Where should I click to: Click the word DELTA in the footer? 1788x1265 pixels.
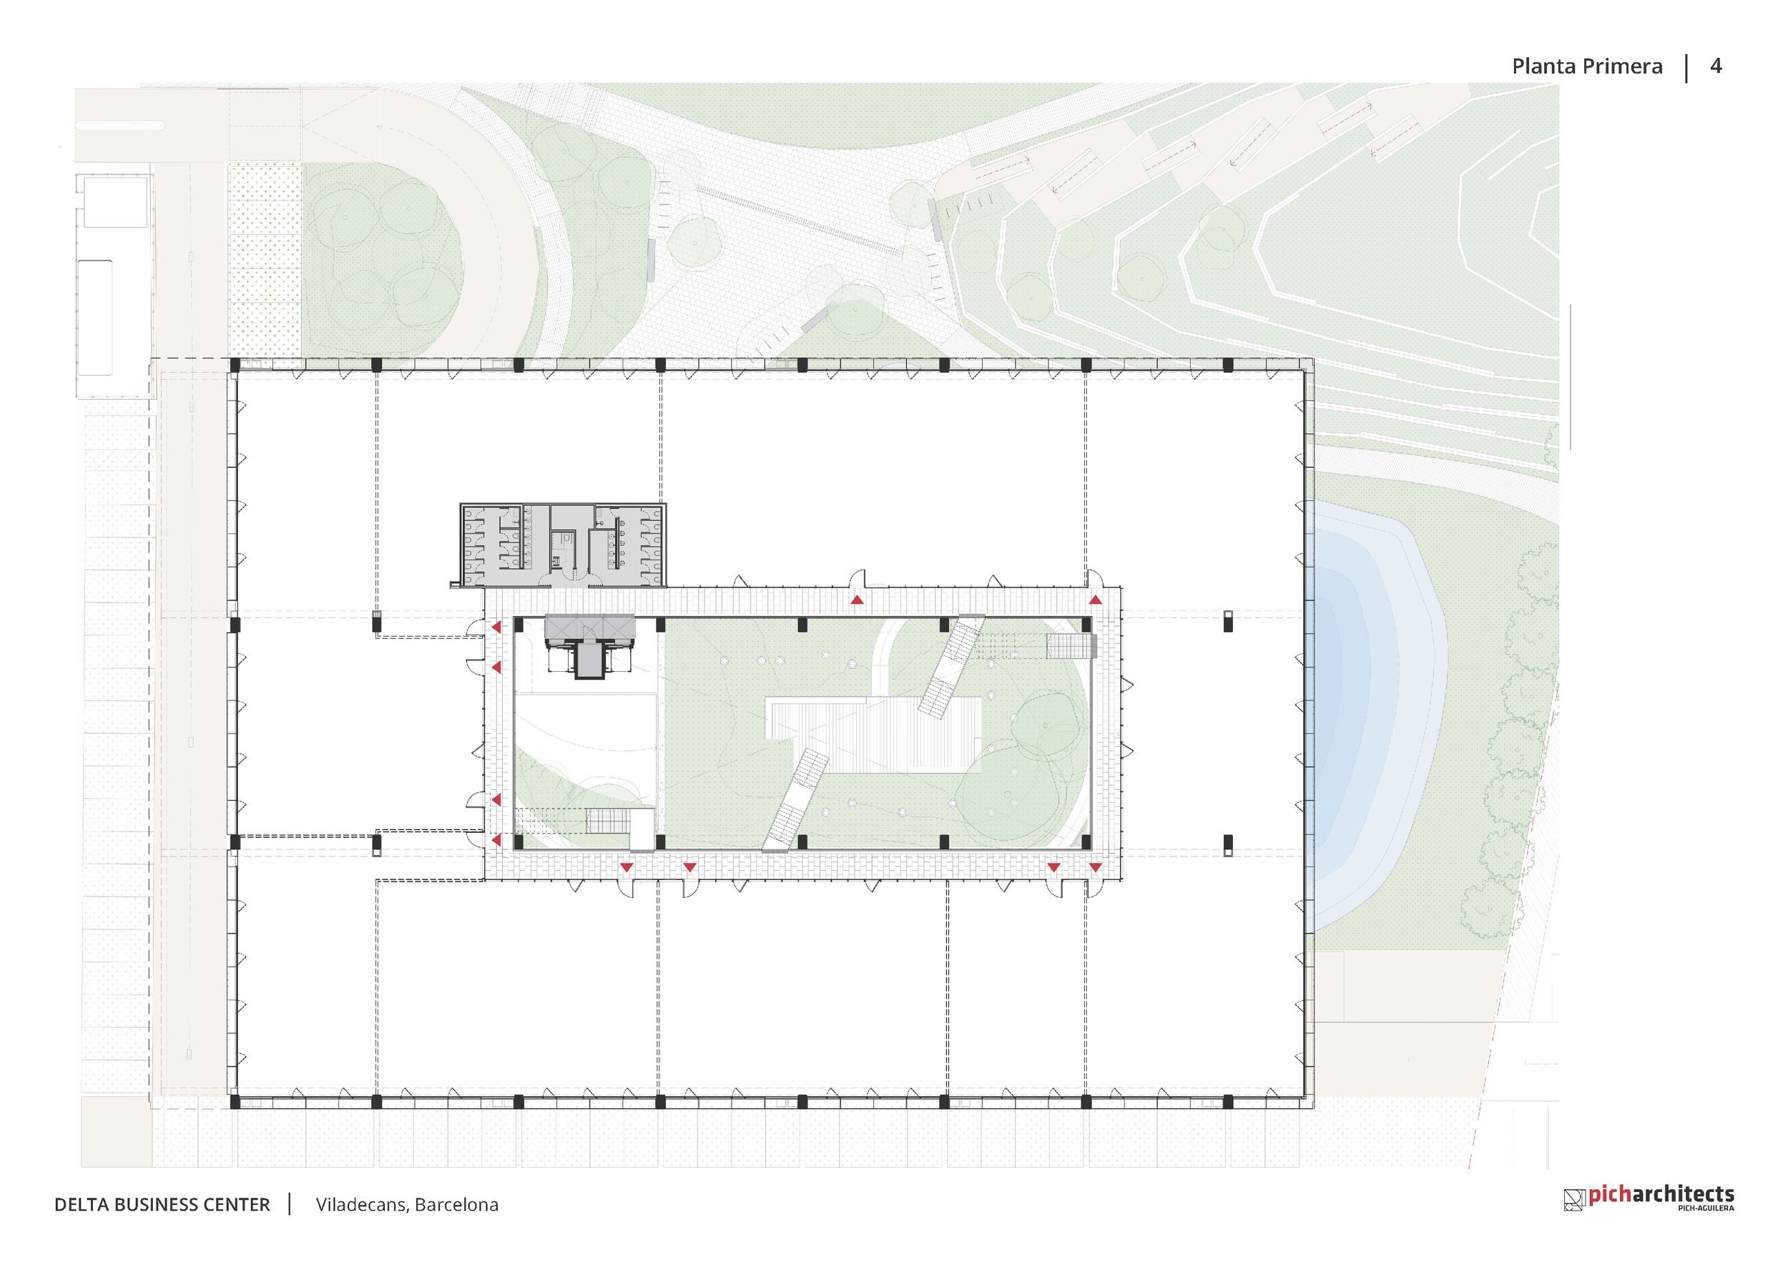coord(82,1205)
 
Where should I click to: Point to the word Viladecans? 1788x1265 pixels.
coord(361,1205)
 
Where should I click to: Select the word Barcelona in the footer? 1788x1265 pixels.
coord(457,1205)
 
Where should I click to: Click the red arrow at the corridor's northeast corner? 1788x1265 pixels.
coord(1096,600)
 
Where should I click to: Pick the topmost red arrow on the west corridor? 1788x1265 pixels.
coord(496,627)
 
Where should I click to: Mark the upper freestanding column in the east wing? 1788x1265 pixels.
coord(1228,621)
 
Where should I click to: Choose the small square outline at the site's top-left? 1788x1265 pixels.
coord(116,202)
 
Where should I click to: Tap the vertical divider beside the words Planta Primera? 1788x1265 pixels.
coord(1686,67)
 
